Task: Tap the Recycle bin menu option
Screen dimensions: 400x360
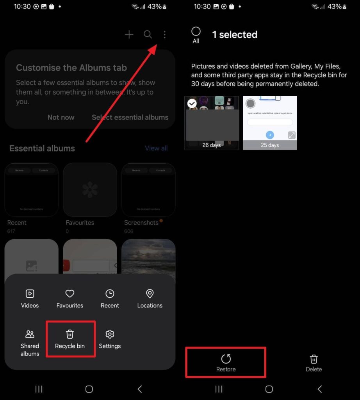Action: [x=70, y=339]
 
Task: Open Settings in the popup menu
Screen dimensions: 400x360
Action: [x=110, y=339]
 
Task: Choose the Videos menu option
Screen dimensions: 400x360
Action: [x=30, y=299]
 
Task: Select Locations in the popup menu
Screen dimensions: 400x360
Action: [x=150, y=299]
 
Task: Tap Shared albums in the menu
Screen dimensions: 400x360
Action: [x=30, y=343]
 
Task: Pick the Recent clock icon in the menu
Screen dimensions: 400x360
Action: [x=110, y=294]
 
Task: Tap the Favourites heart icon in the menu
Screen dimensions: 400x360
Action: [x=70, y=294]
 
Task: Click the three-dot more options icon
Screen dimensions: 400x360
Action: [x=164, y=35]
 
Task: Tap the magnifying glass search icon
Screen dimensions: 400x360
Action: [x=148, y=35]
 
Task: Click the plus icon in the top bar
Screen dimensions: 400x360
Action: [x=129, y=35]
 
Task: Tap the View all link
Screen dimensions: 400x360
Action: [x=156, y=148]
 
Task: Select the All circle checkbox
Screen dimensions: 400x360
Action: [x=196, y=32]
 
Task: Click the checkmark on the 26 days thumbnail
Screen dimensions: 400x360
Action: [x=192, y=103]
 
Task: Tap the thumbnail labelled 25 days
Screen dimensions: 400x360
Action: [x=270, y=123]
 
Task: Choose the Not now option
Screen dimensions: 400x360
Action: [x=61, y=117]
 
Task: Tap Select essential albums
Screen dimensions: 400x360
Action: [x=130, y=117]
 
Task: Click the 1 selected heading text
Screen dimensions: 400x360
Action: [x=234, y=35]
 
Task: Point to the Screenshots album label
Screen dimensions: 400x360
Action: [x=141, y=223]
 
